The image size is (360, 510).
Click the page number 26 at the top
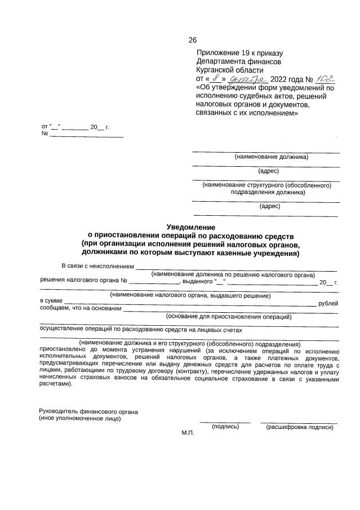[x=192, y=40]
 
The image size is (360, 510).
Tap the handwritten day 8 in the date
[x=212, y=79]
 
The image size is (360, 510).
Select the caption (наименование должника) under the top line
[x=271, y=157]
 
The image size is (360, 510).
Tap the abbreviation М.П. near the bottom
[x=188, y=432]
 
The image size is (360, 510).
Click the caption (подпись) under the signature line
[x=225, y=427]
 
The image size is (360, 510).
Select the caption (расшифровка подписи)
[x=299, y=427]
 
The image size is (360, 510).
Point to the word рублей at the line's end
[x=328, y=303]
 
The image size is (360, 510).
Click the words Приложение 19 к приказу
[x=235, y=52]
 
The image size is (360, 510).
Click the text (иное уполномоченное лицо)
[x=79, y=419]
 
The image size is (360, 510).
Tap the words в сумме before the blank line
[x=51, y=301]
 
